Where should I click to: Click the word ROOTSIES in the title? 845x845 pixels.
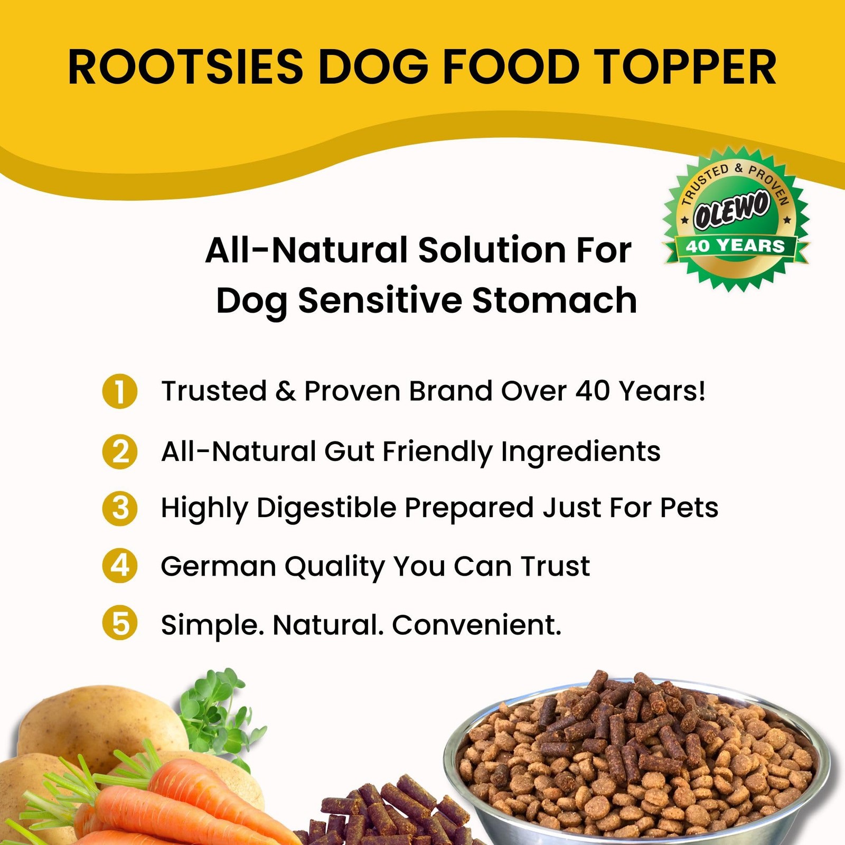tap(185, 67)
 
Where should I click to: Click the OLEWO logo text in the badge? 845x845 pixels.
tap(731, 210)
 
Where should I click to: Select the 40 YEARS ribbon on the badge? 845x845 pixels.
tap(735, 246)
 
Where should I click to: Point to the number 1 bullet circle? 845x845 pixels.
tap(120, 391)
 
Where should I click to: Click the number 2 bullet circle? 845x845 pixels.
tap(120, 452)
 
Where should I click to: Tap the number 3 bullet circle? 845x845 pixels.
tap(120, 509)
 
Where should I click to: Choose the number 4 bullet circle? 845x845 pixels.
tap(120, 566)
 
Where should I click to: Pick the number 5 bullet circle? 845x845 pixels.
tap(120, 623)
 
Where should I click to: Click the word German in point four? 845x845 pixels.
tap(218, 566)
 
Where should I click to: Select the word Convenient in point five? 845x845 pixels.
tap(476, 625)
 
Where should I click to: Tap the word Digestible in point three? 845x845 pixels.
tap(326, 508)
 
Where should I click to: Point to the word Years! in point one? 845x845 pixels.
tap(662, 391)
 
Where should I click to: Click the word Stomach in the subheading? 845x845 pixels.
tap(555, 301)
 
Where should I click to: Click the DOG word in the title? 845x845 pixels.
tap(373, 67)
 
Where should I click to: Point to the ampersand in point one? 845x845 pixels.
tap(285, 391)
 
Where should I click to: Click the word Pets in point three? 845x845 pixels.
tap(689, 508)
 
